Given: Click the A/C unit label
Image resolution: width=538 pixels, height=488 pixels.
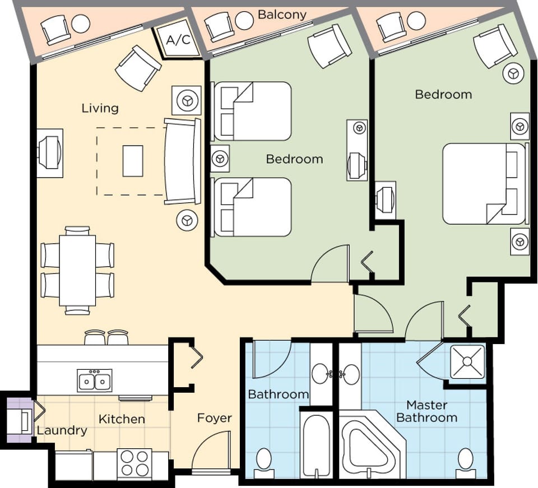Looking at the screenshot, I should (x=178, y=41).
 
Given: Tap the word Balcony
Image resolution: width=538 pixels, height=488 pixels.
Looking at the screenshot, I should (x=282, y=15).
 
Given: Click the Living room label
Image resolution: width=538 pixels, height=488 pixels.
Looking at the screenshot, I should (x=100, y=108).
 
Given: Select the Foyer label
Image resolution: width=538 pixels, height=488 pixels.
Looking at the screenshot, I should (x=214, y=418).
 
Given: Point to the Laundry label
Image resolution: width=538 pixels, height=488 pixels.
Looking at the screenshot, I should (x=62, y=430).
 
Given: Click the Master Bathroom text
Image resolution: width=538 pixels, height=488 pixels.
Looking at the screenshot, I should (x=427, y=411).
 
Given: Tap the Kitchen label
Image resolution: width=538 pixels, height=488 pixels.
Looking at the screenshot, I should (x=122, y=419).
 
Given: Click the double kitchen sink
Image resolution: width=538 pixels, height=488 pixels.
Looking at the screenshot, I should (x=95, y=381).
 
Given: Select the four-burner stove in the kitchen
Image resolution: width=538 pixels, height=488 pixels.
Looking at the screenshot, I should (x=134, y=463).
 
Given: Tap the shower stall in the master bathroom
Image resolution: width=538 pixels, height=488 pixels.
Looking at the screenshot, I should (x=467, y=362).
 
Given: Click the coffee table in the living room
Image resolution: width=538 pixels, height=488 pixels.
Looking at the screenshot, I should (x=132, y=161).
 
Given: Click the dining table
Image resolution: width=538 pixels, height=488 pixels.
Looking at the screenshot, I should (x=77, y=270).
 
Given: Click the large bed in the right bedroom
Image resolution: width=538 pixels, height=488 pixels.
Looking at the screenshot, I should (x=482, y=184).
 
